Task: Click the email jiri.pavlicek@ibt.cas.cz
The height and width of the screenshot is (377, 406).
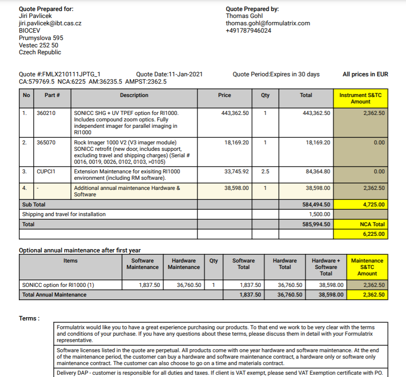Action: point(50,23)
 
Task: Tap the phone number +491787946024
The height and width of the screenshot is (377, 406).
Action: point(248,30)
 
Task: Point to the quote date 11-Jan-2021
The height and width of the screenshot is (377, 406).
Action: point(186,74)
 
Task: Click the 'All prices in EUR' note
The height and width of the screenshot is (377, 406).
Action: point(365,74)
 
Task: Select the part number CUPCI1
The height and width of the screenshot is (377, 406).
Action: point(46,171)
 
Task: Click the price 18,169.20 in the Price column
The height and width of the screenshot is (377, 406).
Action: point(237,143)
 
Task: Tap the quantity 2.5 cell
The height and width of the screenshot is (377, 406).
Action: point(265,171)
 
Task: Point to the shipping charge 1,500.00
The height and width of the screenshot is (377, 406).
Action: point(319,214)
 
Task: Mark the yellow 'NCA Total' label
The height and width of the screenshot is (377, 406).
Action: point(372,224)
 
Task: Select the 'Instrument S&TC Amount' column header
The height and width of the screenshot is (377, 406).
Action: point(360,98)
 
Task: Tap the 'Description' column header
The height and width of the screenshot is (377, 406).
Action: point(134,95)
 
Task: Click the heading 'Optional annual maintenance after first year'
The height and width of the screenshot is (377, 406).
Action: point(80,251)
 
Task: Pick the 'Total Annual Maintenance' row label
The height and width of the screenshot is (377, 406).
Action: point(54,295)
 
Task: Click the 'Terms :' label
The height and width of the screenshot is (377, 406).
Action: point(29,319)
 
